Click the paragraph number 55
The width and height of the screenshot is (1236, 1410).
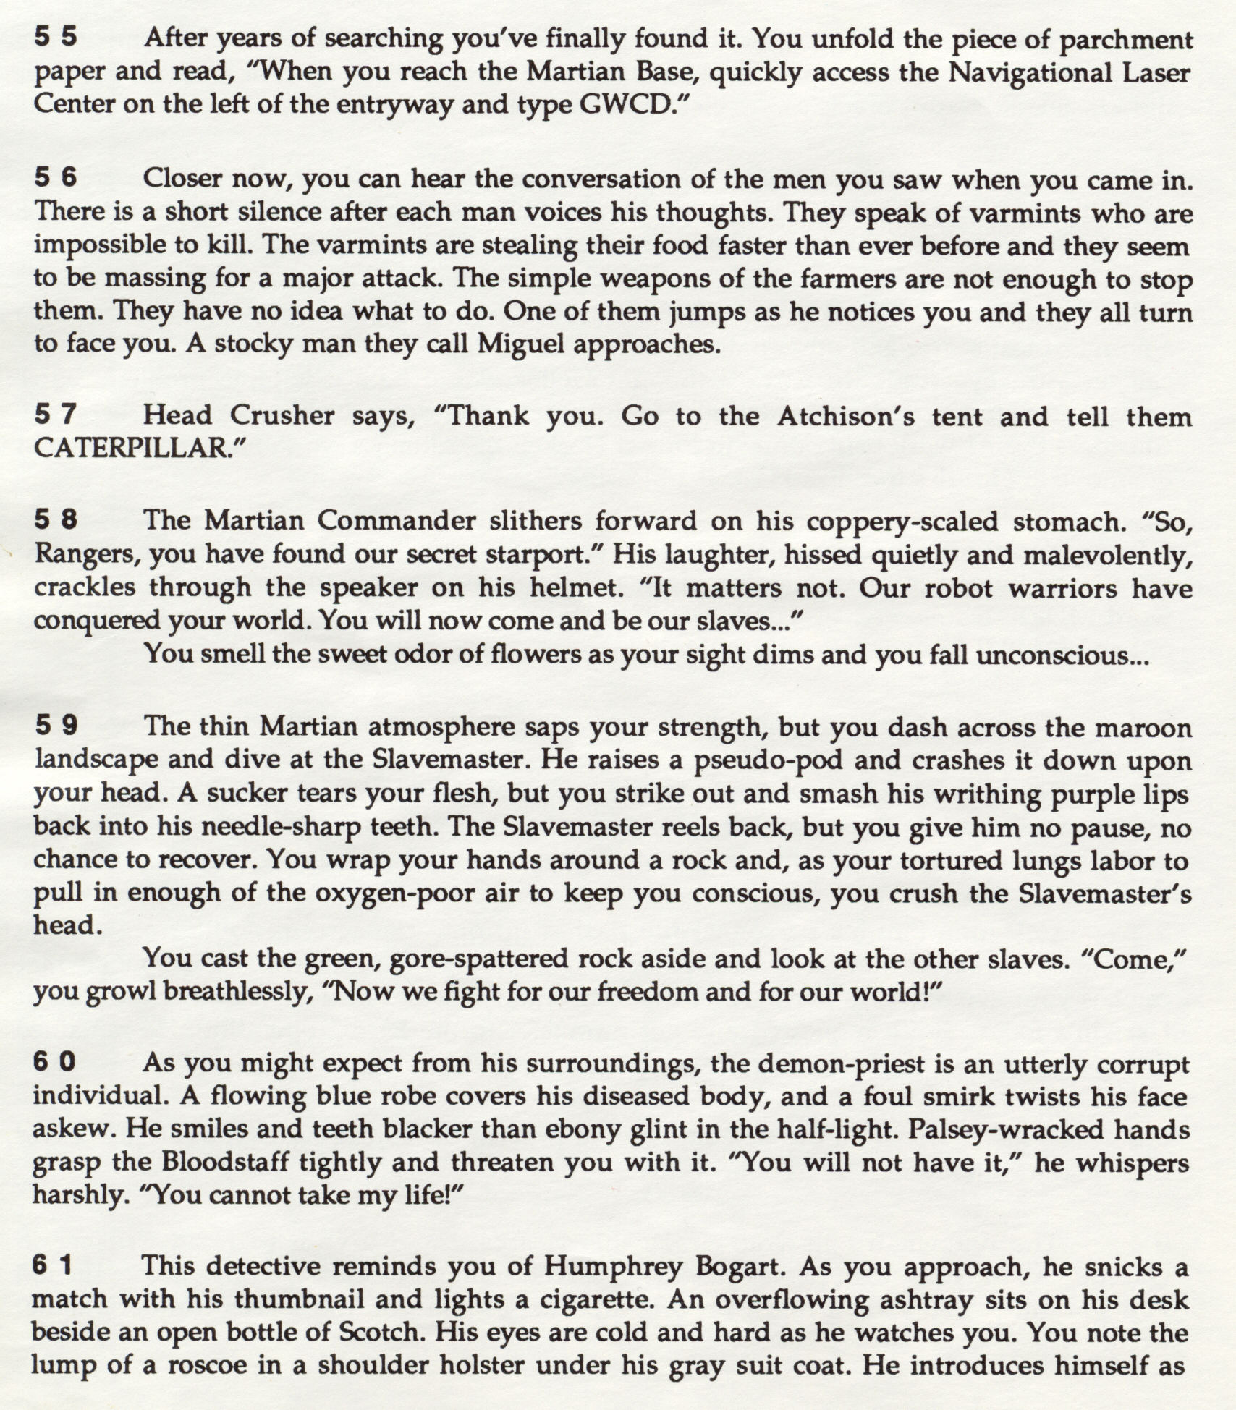tap(56, 38)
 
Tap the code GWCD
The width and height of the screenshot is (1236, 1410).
tap(625, 106)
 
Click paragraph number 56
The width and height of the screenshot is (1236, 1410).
tap(56, 178)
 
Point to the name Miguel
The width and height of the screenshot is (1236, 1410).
tap(520, 343)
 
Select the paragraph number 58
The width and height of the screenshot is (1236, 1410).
tap(56, 519)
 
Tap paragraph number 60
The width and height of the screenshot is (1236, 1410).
tap(56, 1062)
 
